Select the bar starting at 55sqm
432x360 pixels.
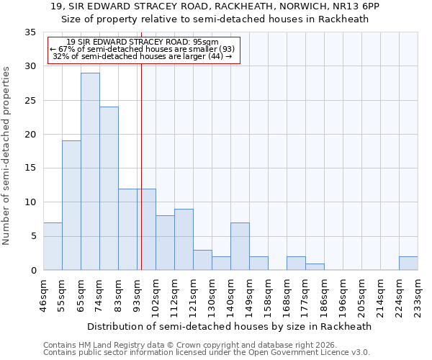[x=71, y=205]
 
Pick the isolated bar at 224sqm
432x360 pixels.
[x=408, y=264]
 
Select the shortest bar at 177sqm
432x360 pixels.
[x=315, y=267]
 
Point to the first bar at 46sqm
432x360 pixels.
[x=53, y=246]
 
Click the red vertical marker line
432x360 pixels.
[x=141, y=166]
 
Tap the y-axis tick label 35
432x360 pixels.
[x=30, y=32]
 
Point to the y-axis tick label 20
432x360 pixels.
[x=30, y=135]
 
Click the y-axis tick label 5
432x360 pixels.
[x=33, y=237]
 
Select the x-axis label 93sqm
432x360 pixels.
[x=137, y=294]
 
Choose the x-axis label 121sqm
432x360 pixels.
[x=193, y=295]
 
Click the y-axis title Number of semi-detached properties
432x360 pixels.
[x=7, y=156]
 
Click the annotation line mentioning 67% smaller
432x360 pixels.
[x=143, y=48]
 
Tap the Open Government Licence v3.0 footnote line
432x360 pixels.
[x=207, y=353]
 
